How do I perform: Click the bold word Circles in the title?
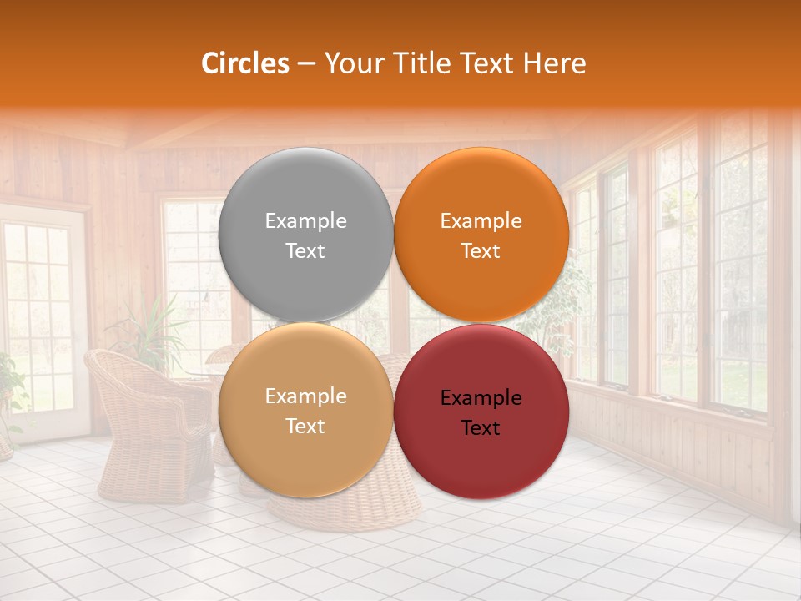click(x=245, y=63)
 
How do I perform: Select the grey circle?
click(x=305, y=235)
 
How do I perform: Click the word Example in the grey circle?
click(x=305, y=221)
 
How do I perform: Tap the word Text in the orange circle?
click(x=481, y=251)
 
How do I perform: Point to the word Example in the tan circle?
click(x=305, y=396)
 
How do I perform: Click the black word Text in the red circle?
click(x=481, y=427)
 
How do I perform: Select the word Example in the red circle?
click(x=481, y=398)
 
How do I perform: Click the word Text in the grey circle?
click(x=305, y=251)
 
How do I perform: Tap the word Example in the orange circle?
click(x=481, y=221)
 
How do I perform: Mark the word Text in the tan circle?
click(x=305, y=427)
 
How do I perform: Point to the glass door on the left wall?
click(x=42, y=317)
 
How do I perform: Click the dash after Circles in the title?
click(x=306, y=64)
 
